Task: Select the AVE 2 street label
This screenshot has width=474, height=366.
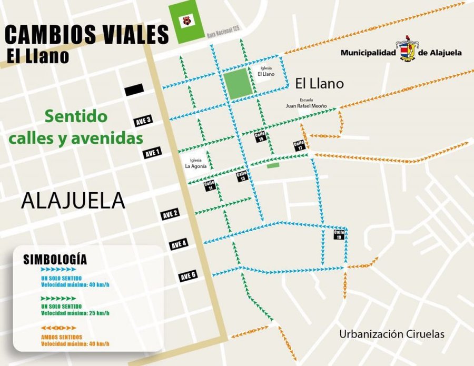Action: pos(170,213)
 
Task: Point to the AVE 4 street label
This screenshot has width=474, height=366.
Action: pos(179,244)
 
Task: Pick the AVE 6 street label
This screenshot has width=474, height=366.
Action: pos(187,275)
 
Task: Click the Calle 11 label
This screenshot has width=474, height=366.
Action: pos(210,185)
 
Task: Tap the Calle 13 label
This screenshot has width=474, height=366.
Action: pos(241,176)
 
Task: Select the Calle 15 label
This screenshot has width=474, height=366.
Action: pos(260,137)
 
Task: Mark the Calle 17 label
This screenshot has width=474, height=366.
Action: pos(299,146)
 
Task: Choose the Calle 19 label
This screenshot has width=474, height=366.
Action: pos(339,234)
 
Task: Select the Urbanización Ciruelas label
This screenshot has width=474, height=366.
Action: pos(392,334)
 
